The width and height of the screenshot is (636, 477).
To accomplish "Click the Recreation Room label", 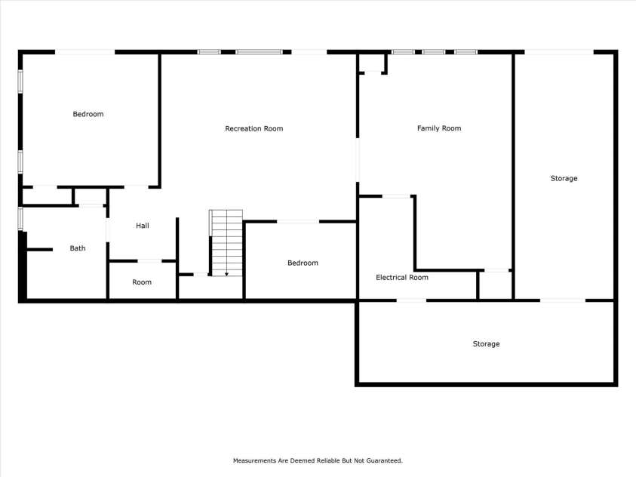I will (x=254, y=129).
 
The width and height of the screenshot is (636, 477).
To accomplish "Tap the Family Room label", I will (x=439, y=128).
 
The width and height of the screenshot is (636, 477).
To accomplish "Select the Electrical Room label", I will (x=402, y=278).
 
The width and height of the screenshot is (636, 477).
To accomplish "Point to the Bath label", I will (x=78, y=248).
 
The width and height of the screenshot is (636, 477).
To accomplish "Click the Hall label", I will (x=143, y=226).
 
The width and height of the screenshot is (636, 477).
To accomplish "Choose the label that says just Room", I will (x=142, y=282).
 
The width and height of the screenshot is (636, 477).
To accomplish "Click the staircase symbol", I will (x=226, y=242).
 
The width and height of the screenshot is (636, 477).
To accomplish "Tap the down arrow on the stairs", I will (x=226, y=272).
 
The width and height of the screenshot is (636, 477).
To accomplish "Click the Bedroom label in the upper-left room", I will (x=88, y=115).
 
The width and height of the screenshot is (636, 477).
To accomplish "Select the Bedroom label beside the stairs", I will (x=303, y=263).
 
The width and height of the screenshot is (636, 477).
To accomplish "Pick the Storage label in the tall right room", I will (x=564, y=179).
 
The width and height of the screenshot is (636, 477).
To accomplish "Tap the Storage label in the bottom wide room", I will (x=486, y=344).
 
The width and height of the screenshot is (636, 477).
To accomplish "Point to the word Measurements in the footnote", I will (x=255, y=460).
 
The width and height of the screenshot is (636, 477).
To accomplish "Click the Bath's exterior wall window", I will (x=20, y=219).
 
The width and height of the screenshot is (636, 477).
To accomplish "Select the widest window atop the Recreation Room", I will (x=259, y=52).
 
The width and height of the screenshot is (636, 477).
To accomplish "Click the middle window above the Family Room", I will (x=433, y=52).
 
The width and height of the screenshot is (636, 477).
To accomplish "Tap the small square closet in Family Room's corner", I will (x=372, y=62).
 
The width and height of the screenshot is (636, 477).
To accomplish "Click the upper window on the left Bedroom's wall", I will (x=20, y=82).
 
